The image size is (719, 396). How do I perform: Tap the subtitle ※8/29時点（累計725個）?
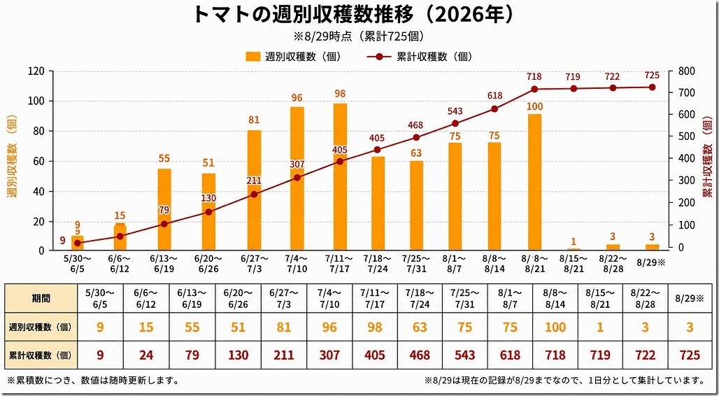coord(359,36)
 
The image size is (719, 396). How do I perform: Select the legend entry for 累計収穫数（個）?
coord(419,57)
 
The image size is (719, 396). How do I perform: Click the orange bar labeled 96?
coord(297,178)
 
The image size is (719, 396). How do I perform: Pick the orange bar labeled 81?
coord(254,190)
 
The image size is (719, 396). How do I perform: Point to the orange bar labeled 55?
coord(164,209)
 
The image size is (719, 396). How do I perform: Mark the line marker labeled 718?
coord(534,89)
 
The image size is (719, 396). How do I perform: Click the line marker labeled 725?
coord(652,87)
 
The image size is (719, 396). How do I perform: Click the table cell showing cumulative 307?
coord(329,355)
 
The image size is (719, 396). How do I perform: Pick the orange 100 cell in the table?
coord(556,327)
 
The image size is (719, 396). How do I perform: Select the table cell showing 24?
coord(145,355)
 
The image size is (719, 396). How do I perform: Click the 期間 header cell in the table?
coord(41,298)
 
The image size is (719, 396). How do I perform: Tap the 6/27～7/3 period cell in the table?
coord(284,298)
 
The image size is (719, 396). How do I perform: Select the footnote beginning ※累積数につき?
coord(93,381)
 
